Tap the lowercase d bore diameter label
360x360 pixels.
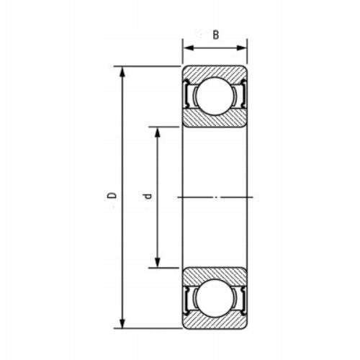(x=147, y=196)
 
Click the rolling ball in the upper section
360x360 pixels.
(x=215, y=96)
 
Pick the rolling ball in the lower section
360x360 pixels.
(x=215, y=297)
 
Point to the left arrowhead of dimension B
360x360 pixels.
(x=185, y=48)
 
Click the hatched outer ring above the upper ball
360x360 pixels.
(x=215, y=71)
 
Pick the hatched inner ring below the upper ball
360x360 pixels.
(x=215, y=120)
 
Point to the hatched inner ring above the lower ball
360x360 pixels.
(x=215, y=273)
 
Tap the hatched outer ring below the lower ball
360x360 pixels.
(x=215, y=323)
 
